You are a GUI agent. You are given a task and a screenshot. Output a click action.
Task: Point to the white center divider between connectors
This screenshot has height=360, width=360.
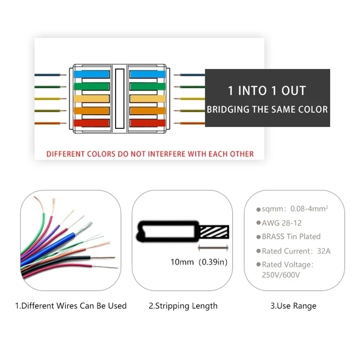coord(119,98)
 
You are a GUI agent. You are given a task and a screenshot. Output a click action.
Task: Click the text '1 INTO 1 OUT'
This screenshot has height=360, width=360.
coord(267,90)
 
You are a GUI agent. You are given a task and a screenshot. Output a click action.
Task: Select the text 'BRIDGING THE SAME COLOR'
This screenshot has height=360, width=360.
coord(267,109)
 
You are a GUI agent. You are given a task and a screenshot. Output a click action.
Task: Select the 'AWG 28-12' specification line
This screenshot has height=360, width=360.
coord(282,223)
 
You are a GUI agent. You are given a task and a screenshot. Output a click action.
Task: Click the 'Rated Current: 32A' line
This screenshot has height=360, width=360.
coord(296,251)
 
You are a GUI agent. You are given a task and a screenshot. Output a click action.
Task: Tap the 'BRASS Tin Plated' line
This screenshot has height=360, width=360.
coord(291,237)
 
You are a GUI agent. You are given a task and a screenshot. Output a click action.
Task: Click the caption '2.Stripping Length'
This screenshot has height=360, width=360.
coord(183,306)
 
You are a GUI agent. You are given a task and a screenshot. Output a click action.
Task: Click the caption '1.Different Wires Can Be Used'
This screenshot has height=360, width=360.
coord(71,306)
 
